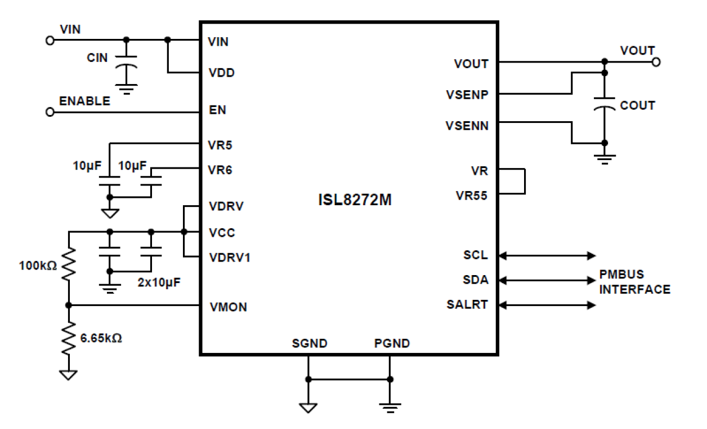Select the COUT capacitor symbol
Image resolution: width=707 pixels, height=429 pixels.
[x=604, y=107]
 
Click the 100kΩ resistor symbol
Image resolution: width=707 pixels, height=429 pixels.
[x=68, y=266]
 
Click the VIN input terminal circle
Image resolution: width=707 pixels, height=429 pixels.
[x=50, y=41]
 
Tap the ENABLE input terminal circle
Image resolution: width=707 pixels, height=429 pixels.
[x=50, y=112]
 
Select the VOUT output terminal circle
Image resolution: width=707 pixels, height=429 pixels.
[x=656, y=61]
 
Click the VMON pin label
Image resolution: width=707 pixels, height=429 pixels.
[x=227, y=307]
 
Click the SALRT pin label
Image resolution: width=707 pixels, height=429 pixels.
[x=467, y=305]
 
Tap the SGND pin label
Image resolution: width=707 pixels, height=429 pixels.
[x=309, y=343]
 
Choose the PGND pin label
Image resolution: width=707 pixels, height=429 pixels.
[x=392, y=343]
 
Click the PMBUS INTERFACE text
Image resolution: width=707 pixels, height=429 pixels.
[x=634, y=282]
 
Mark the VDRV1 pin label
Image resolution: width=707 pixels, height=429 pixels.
[x=230, y=258]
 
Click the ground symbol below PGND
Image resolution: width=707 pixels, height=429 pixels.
[x=390, y=406]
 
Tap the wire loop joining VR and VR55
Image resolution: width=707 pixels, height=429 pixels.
[x=523, y=181]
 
